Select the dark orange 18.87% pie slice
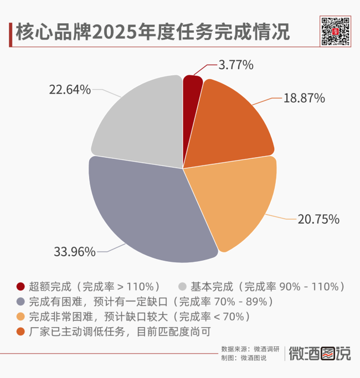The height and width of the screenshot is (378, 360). [233, 127]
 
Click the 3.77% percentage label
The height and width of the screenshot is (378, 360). [236, 65]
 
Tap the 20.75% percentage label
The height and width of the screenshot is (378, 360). [318, 219]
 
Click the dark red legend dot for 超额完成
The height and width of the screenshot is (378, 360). [21, 287]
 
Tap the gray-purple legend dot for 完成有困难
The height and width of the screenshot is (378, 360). [21, 302]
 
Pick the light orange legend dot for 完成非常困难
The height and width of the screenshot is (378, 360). [21, 317]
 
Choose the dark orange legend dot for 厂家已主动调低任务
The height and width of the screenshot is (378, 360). [21, 332]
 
